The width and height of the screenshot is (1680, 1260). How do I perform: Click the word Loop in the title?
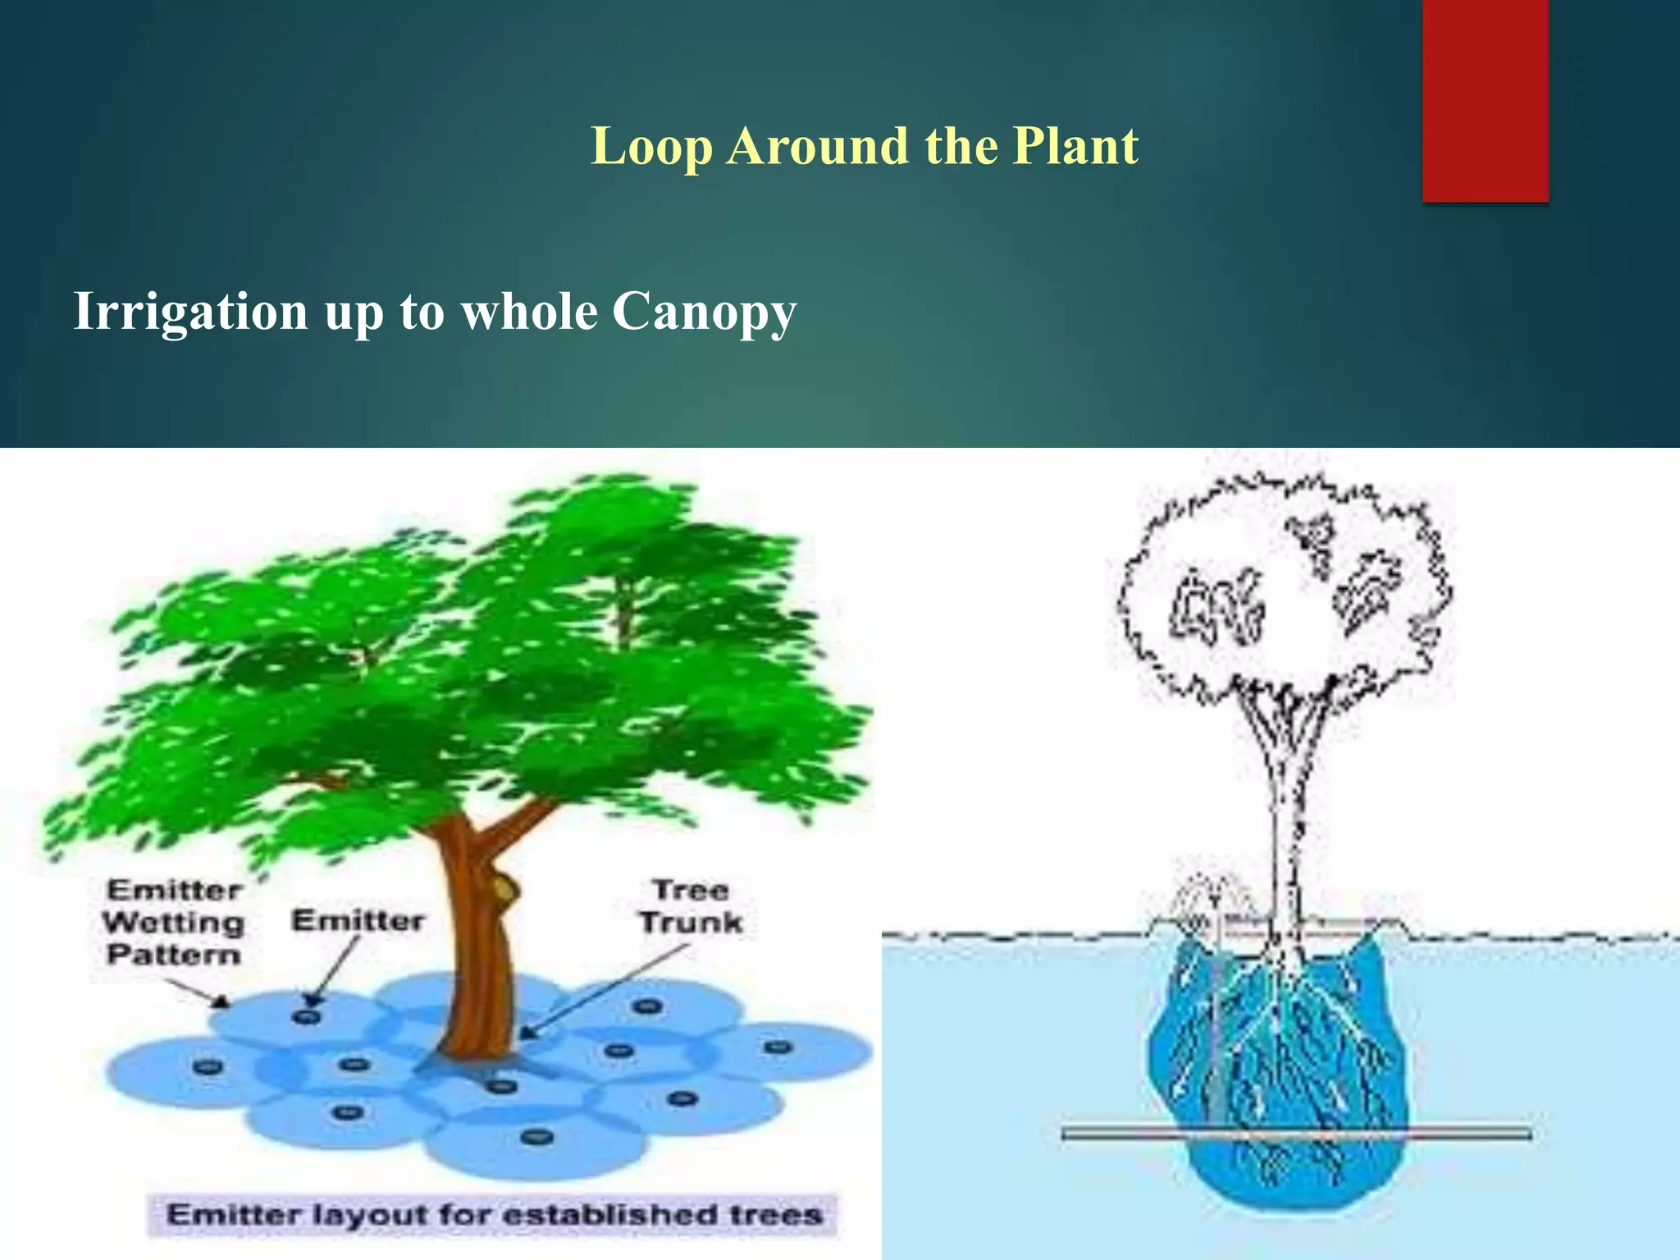651,148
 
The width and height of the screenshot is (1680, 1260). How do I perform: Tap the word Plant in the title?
1075,146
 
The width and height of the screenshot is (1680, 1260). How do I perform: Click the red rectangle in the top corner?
1485,98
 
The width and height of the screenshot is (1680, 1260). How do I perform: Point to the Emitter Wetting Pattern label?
174,923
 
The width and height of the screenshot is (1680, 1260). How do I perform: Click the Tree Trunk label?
691,906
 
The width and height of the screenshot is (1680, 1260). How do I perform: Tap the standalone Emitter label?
358,920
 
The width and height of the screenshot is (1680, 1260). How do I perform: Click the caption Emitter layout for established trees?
494,1214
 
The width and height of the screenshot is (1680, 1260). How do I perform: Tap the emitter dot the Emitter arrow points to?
306,1016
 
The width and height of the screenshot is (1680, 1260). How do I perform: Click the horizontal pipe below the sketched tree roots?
1296,1134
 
